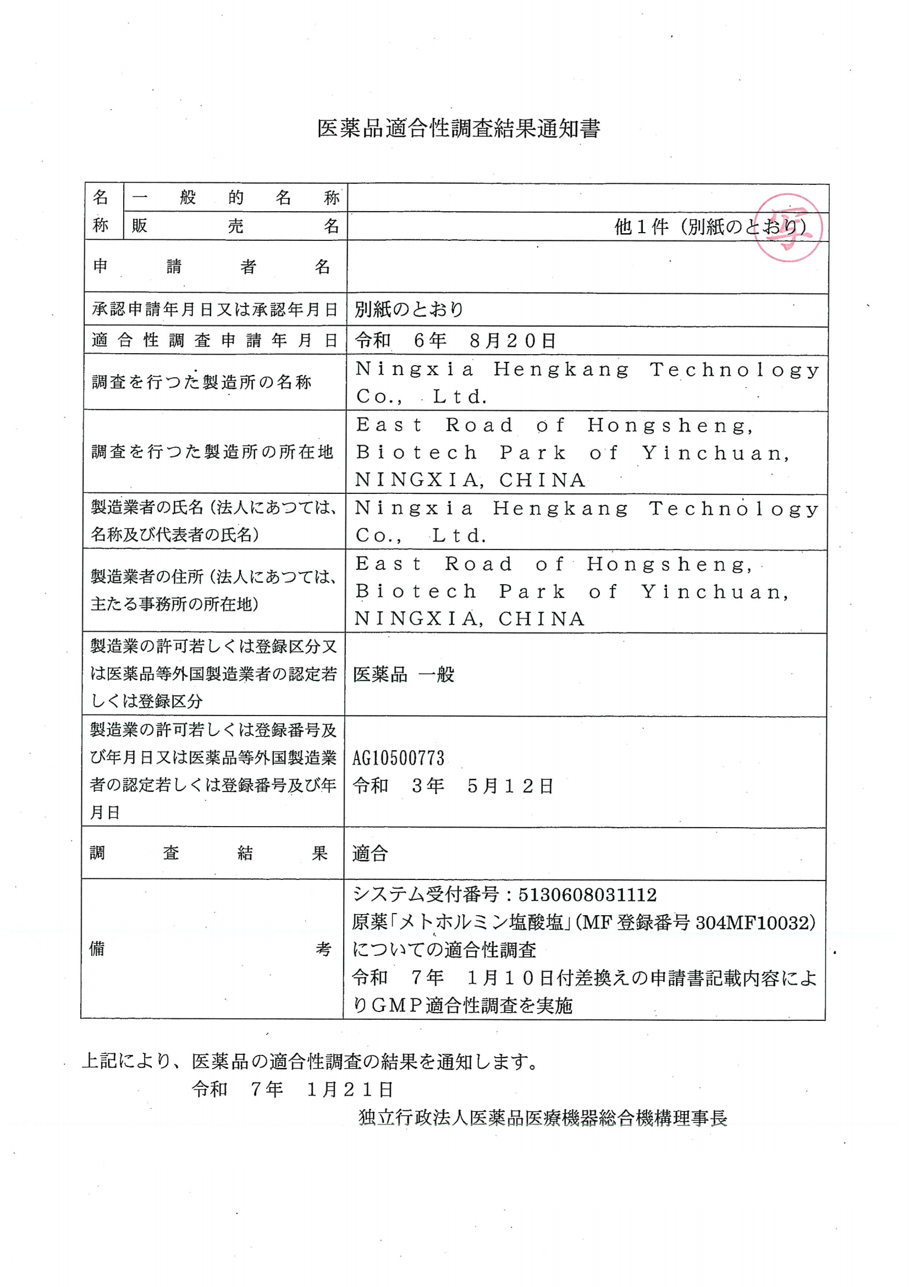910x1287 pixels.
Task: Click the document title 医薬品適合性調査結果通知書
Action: click(x=459, y=129)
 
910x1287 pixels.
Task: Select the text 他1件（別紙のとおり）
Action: click(x=710, y=227)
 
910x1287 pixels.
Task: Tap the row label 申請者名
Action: click(x=212, y=267)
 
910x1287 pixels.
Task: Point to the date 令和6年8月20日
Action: click(x=455, y=340)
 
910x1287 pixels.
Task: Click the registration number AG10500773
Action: click(x=399, y=758)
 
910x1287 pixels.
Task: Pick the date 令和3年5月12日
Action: click(x=453, y=786)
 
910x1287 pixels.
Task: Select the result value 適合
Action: click(x=370, y=853)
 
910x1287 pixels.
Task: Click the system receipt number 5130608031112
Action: click(x=587, y=895)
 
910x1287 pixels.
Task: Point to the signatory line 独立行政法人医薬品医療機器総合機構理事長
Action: click(x=542, y=1118)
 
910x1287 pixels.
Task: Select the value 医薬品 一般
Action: click(x=404, y=674)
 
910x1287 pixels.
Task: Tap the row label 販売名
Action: click(x=235, y=226)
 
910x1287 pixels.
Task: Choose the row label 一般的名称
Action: click(x=235, y=197)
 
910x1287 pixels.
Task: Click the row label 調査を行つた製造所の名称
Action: click(x=201, y=382)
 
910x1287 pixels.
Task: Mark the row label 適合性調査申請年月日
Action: click(x=214, y=340)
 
